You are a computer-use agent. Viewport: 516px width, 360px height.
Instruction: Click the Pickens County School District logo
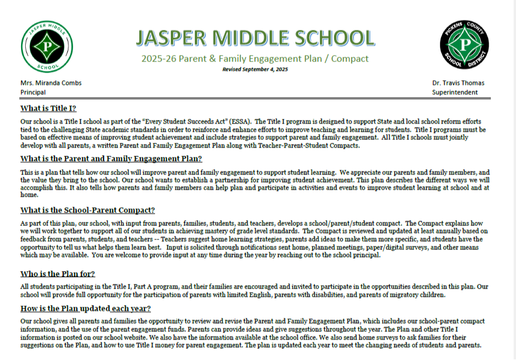coord(465,44)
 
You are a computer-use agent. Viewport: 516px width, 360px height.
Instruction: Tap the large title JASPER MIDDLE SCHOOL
coord(255,38)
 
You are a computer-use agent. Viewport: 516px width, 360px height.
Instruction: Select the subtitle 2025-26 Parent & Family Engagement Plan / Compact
coord(255,59)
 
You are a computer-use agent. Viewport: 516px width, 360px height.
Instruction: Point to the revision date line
coord(255,69)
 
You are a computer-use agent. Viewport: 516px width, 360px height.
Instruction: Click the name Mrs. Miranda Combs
coord(51,83)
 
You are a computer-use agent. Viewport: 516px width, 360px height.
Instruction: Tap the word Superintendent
coord(455,92)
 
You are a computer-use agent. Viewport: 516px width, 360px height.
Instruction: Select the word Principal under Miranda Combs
coord(33,92)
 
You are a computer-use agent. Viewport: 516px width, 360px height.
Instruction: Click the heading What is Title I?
coord(48,108)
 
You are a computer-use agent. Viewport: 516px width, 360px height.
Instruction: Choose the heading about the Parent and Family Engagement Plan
coord(111,159)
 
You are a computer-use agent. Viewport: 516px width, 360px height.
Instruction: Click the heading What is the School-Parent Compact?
coord(87,210)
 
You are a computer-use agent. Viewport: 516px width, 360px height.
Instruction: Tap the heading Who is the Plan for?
coord(57,273)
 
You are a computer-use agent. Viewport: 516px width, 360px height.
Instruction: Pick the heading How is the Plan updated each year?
coord(85,308)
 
